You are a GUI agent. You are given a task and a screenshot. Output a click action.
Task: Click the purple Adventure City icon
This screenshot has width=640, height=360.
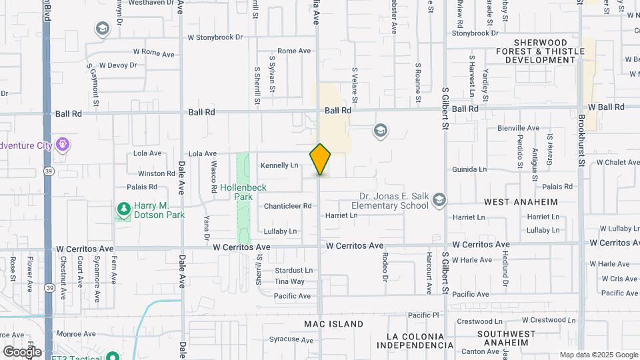click(x=63, y=143)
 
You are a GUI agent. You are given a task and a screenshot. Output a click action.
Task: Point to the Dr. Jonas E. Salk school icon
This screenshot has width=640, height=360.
click(x=439, y=199)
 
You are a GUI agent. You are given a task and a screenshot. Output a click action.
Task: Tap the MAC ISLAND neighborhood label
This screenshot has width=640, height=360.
click(x=334, y=324)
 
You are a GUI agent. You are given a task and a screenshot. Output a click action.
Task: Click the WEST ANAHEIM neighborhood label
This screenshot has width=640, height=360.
click(x=521, y=201)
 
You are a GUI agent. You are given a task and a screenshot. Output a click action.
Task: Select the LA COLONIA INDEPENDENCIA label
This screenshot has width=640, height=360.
click(x=415, y=340)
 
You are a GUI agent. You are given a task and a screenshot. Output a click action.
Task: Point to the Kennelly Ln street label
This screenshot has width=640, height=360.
click(x=279, y=165)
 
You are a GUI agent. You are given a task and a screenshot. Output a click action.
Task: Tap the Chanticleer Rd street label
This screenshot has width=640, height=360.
click(x=287, y=206)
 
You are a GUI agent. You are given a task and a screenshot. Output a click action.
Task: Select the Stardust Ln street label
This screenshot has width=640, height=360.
click(x=293, y=271)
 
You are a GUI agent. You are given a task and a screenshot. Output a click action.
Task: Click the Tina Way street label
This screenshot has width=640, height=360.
click(x=289, y=281)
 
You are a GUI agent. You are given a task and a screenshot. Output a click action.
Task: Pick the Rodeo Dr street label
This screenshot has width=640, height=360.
click(x=385, y=263)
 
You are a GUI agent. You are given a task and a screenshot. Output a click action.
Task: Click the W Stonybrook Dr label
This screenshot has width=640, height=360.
click(x=215, y=37)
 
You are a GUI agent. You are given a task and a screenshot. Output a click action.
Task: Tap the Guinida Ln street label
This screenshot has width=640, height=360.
click(x=469, y=170)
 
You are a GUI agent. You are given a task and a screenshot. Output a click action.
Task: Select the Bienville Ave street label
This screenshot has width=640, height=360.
click(x=518, y=128)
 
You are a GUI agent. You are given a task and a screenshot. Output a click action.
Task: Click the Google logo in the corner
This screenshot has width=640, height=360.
click(x=22, y=351)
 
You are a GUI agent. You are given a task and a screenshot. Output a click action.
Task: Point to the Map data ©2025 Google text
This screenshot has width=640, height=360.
click(x=598, y=355)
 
